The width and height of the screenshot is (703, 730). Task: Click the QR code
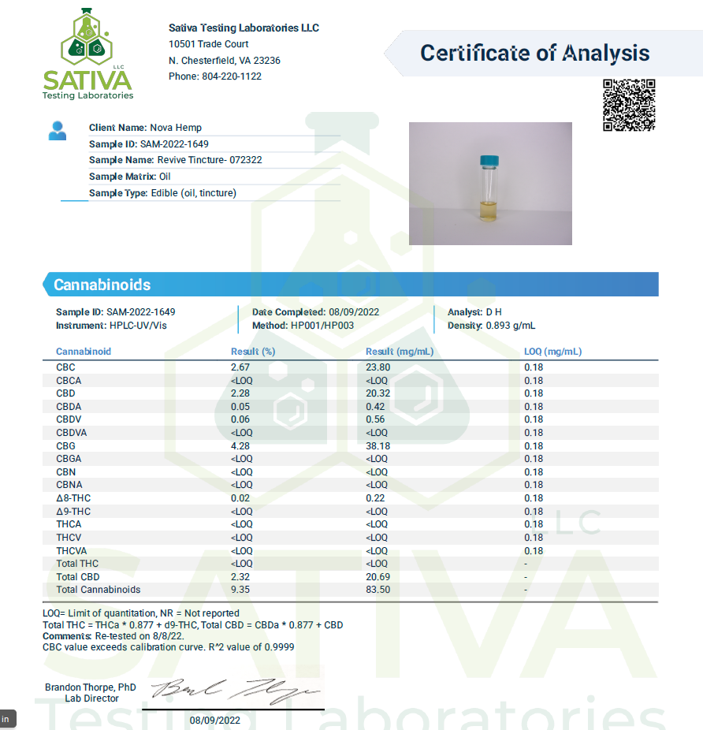629,105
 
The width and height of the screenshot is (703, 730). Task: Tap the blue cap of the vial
489,161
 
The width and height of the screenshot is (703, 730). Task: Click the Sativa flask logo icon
87,39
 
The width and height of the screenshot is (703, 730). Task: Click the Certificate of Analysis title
534,54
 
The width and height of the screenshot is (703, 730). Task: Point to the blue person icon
58,130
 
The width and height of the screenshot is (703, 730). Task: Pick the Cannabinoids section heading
102,285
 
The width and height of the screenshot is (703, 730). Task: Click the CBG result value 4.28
240,445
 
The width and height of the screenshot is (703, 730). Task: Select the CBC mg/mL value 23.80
378,367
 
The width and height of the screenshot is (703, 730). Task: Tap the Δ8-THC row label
73,497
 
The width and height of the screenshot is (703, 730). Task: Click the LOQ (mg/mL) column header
552,352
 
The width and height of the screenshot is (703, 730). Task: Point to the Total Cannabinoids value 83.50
378,590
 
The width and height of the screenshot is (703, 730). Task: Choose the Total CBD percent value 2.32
240,577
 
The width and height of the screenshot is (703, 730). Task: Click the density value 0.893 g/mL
511,326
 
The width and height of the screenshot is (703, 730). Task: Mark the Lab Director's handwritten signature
236,691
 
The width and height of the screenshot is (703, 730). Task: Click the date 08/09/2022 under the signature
215,721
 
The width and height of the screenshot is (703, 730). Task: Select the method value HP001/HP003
322,326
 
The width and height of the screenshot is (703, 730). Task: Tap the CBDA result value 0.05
240,406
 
